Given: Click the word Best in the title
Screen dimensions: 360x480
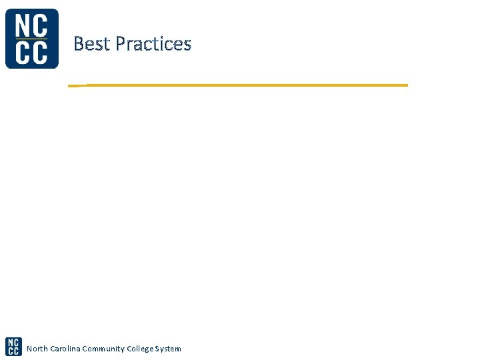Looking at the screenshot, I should (92, 44).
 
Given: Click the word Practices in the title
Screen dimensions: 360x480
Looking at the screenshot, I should (153, 44).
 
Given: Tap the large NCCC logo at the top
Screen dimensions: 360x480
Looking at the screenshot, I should (31, 39).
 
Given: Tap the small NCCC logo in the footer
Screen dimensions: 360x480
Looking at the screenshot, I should (13, 347).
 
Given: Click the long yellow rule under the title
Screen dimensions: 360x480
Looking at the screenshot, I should (240, 85).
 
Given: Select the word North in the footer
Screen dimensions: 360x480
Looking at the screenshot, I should (37, 349).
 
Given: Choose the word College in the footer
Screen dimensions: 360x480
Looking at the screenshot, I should (142, 349).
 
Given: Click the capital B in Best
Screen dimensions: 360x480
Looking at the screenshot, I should (79, 44).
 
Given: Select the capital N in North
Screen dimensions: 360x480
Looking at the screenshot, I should (29, 349).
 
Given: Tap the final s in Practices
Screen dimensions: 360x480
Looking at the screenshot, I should (187, 46).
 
